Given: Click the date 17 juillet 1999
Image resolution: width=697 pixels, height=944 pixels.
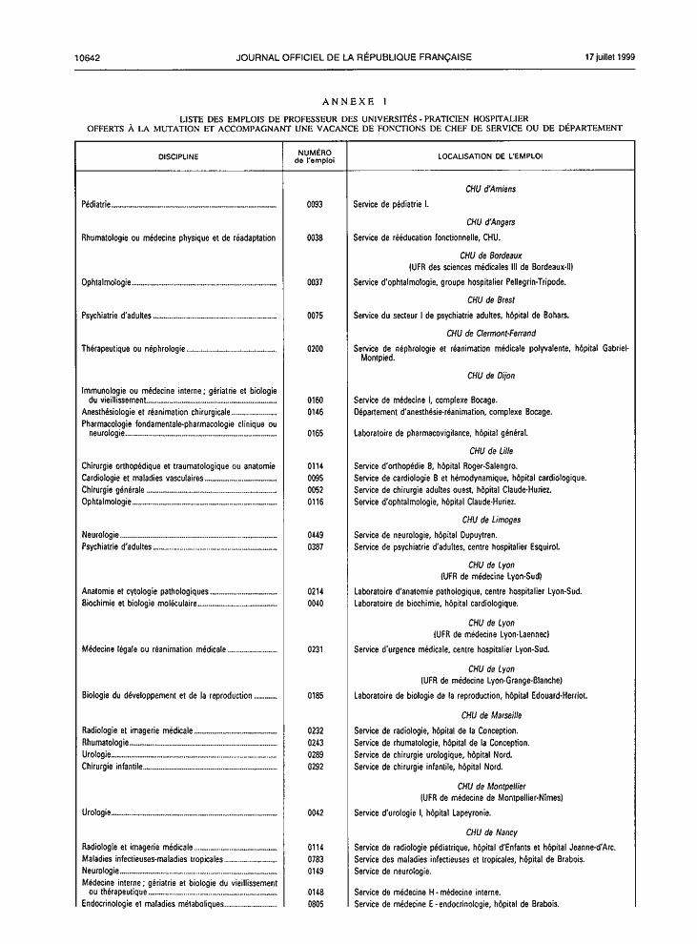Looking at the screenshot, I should click(610, 57).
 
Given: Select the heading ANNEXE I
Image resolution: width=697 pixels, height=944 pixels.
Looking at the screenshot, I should click(355, 100).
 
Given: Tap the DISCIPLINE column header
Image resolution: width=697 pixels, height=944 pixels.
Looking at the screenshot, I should click(178, 155).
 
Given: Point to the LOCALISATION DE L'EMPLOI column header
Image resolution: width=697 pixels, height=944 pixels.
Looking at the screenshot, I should click(491, 155).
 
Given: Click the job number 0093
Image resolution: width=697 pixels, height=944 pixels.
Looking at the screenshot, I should click(316, 205).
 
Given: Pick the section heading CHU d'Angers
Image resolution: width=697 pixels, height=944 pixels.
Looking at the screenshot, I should click(491, 221).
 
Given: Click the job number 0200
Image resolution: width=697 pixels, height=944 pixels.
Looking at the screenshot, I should click(316, 350).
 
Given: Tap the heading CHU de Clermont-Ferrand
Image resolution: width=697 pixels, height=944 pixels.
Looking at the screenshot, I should click(491, 334).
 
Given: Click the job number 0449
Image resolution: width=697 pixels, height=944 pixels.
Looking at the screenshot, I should click(316, 536).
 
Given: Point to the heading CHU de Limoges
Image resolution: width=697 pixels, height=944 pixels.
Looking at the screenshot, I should click(491, 520).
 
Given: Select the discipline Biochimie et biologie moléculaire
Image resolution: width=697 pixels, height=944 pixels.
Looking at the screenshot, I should click(139, 604).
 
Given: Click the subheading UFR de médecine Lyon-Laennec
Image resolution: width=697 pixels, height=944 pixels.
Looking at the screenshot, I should click(491, 634).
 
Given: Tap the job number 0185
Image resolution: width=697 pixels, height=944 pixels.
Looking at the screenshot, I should click(316, 696).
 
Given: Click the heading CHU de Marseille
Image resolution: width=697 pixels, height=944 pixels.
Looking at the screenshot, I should click(491, 714).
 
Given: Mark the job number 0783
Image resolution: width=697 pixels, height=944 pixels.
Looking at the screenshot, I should click(317, 859).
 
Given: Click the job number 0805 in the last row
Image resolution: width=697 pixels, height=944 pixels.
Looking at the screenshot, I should click(317, 904).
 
